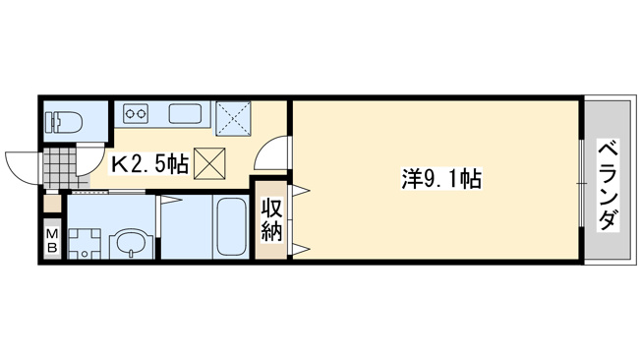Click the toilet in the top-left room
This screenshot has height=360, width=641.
coord(66,122)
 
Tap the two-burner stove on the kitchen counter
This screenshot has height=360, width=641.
coord(136,112)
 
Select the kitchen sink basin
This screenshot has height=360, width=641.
coord(185,112)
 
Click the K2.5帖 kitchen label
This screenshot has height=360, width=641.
coord(150,164)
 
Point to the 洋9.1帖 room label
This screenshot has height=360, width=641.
coord(441,180)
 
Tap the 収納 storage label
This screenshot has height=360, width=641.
coord(272,219)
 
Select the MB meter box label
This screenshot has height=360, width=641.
coord(52,241)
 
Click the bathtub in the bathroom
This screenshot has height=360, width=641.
coord(231,226)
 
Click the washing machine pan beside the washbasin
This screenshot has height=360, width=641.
coord(85,243)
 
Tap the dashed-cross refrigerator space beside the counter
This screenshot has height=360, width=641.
coord(233,118)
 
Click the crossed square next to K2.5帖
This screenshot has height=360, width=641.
coord(209,163)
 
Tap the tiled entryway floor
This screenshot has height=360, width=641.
coord(61,168)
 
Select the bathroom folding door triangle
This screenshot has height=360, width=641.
coord(170,200)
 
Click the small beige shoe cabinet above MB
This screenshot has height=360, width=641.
coord(52,203)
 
